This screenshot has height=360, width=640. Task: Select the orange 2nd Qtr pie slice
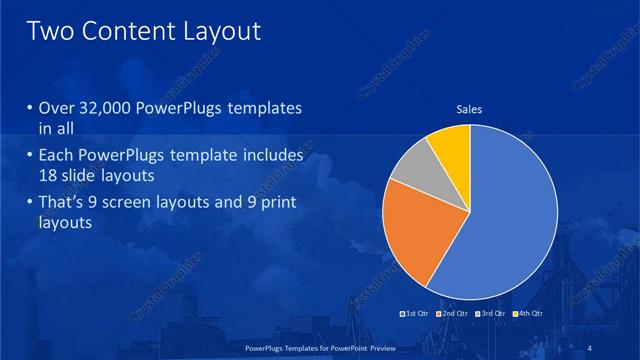[413, 231]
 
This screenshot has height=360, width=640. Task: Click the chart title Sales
[470, 109]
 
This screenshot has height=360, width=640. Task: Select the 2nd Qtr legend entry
[454, 314]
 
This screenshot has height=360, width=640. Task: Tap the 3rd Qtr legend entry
[491, 314]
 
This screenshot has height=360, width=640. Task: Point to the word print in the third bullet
[275, 204]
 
